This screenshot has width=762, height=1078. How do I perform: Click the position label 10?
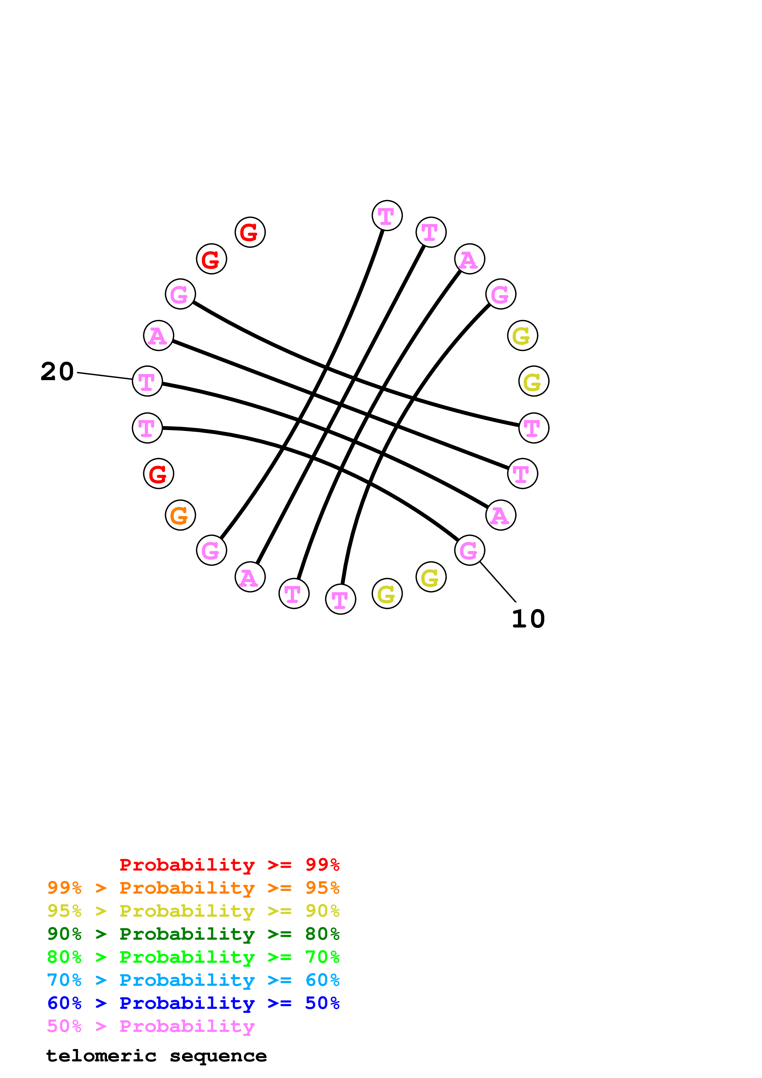pyautogui.click(x=528, y=619)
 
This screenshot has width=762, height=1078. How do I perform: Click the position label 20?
pyautogui.click(x=57, y=372)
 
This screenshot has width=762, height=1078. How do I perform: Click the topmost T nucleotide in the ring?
pyautogui.click(x=387, y=215)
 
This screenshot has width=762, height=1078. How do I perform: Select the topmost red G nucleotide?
pyautogui.click(x=250, y=232)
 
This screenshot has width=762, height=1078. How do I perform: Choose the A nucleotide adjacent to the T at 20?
pyautogui.click(x=159, y=336)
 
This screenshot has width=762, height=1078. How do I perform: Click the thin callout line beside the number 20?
pyautogui.click(x=104, y=376)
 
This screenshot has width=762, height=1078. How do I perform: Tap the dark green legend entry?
pyautogui.click(x=193, y=934)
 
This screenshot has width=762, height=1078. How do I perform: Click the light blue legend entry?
pyautogui.click(x=193, y=980)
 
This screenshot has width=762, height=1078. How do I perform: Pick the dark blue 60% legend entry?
pyautogui.click(x=193, y=1003)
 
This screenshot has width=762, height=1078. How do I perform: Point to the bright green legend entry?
pyautogui.click(x=193, y=957)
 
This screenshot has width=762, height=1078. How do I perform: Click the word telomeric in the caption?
pyautogui.click(x=101, y=1056)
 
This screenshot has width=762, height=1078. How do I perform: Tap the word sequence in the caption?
pyautogui.click(x=218, y=1056)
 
